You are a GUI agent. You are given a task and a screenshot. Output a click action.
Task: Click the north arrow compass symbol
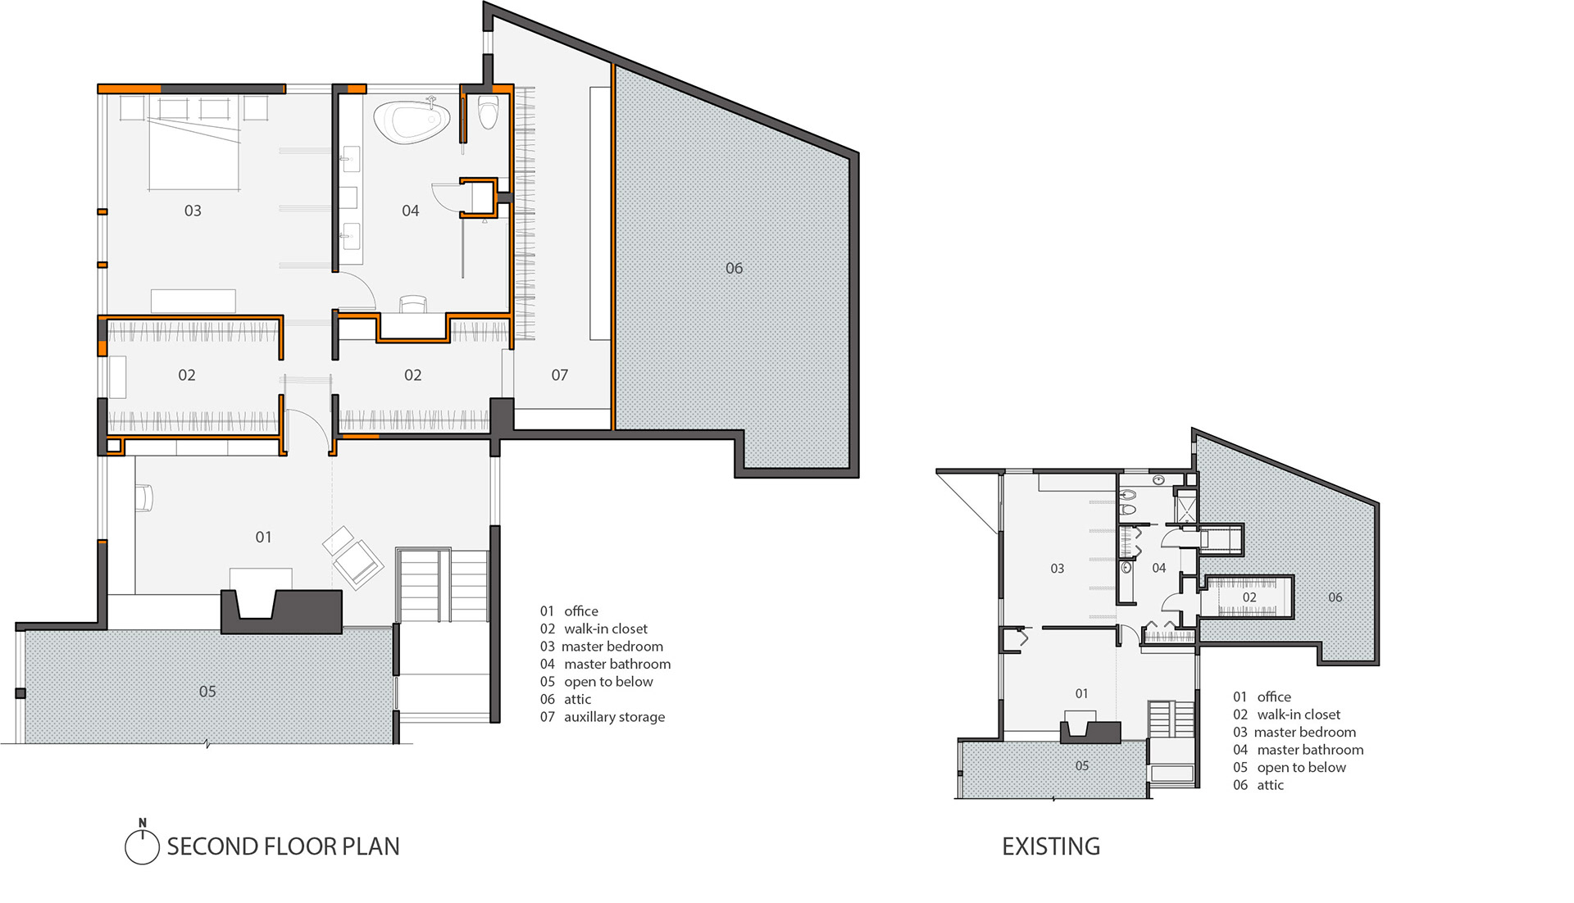[x=142, y=844]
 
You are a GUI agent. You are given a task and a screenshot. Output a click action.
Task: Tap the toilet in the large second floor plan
[x=489, y=112]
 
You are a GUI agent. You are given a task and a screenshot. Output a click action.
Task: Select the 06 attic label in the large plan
[x=734, y=268]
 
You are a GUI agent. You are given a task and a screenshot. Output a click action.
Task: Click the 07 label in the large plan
[x=559, y=375]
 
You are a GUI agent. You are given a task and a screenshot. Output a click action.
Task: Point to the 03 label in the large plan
[x=193, y=211]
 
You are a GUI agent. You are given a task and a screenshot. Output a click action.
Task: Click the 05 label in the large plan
[x=207, y=692]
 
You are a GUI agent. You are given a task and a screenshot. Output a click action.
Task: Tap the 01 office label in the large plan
[x=263, y=537]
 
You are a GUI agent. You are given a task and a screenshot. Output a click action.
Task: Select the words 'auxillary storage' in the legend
[x=614, y=717]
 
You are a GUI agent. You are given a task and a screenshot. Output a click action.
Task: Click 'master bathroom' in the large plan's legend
[x=617, y=664]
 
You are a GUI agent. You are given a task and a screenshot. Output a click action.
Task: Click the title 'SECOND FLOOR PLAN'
[x=283, y=846]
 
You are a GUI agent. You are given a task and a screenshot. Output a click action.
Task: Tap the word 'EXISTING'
[x=1051, y=846]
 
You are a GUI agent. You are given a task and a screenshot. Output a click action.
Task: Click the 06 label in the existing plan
[x=1335, y=597]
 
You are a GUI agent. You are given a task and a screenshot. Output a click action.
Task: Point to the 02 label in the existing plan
[x=1249, y=597]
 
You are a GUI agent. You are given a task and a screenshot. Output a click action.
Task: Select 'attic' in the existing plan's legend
[x=1270, y=785]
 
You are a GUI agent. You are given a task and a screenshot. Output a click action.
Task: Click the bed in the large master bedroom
[x=194, y=154]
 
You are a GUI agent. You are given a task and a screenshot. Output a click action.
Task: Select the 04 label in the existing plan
[x=1158, y=568]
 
